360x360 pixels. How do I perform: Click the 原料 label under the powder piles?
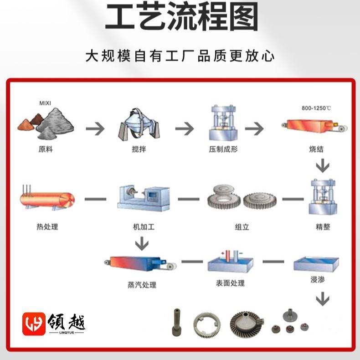tap(46, 149)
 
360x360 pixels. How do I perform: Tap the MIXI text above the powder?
tap(45, 103)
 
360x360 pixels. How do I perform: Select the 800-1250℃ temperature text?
tap(316, 108)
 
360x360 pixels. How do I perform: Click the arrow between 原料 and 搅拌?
tap(95, 129)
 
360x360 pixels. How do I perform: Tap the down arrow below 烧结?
tap(323, 165)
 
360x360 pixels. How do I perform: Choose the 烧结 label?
tap(316, 149)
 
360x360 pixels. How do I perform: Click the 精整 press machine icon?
tap(323, 197)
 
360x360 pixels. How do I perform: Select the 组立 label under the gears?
tap(242, 227)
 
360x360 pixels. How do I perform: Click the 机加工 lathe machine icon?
tap(144, 198)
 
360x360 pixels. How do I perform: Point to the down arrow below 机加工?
tap(142, 244)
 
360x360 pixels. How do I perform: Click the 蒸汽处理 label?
tap(142, 285)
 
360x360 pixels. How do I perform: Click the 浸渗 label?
tap(318, 279)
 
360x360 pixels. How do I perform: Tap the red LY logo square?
tap(34, 324)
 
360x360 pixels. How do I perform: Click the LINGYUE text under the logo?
tap(67, 333)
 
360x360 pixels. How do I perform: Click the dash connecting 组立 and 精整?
tap(293, 199)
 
